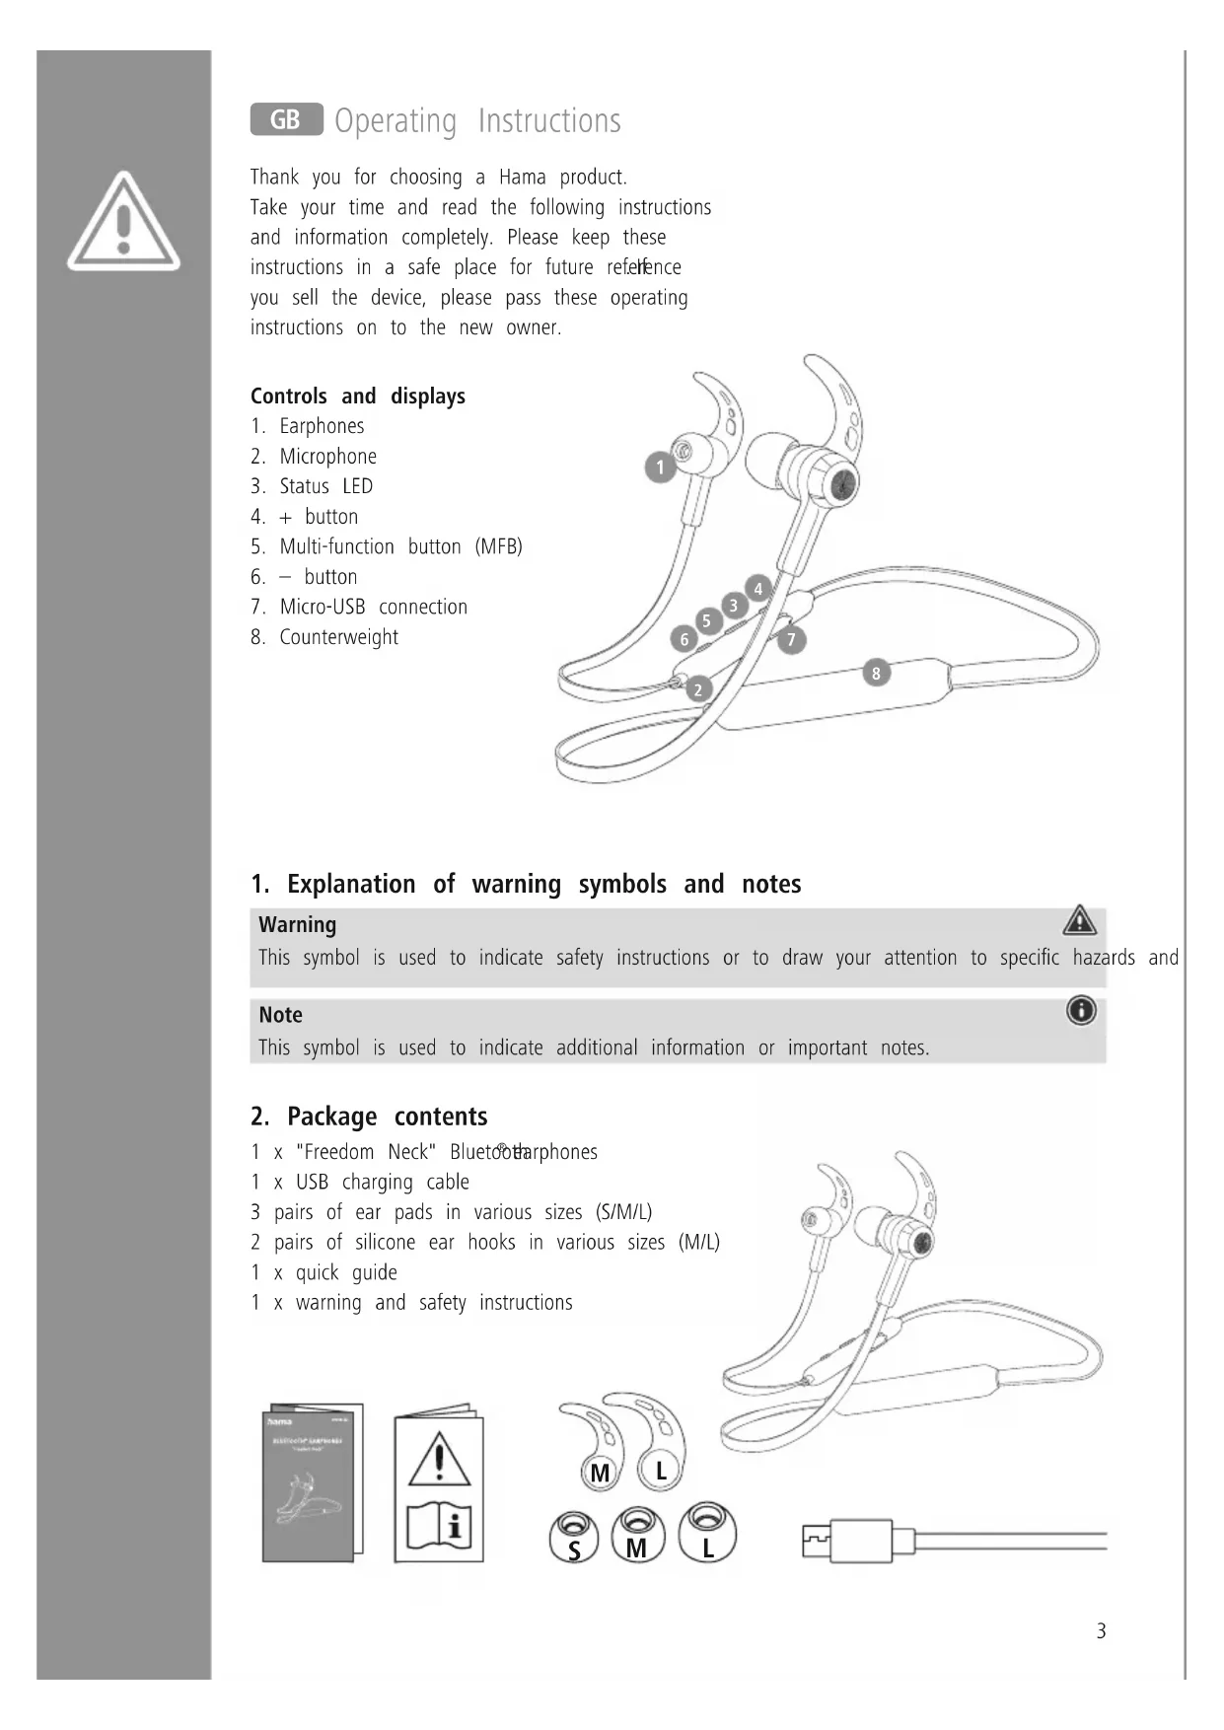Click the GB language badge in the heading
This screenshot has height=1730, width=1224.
[x=286, y=119]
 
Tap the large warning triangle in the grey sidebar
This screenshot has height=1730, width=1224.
[x=123, y=222]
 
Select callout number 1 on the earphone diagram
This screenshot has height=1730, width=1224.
[x=660, y=468]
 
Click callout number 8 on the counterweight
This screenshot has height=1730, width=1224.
[x=876, y=674]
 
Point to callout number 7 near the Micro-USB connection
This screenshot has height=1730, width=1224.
[x=791, y=640]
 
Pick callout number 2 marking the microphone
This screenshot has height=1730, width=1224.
[x=698, y=689]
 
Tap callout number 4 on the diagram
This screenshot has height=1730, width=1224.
[x=757, y=589]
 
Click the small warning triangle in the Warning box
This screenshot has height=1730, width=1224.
[x=1080, y=920]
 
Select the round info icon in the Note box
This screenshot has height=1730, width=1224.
[x=1081, y=1010]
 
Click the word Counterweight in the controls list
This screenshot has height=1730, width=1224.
[x=338, y=637]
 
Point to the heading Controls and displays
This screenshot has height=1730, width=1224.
[x=357, y=396]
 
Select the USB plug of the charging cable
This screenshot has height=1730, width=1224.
[x=846, y=1540]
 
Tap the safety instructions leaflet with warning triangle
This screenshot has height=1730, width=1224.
[x=439, y=1486]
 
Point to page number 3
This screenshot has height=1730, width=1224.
[x=1101, y=1631]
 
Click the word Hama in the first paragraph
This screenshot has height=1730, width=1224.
[x=522, y=178]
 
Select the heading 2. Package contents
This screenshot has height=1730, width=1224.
[x=369, y=1117]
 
